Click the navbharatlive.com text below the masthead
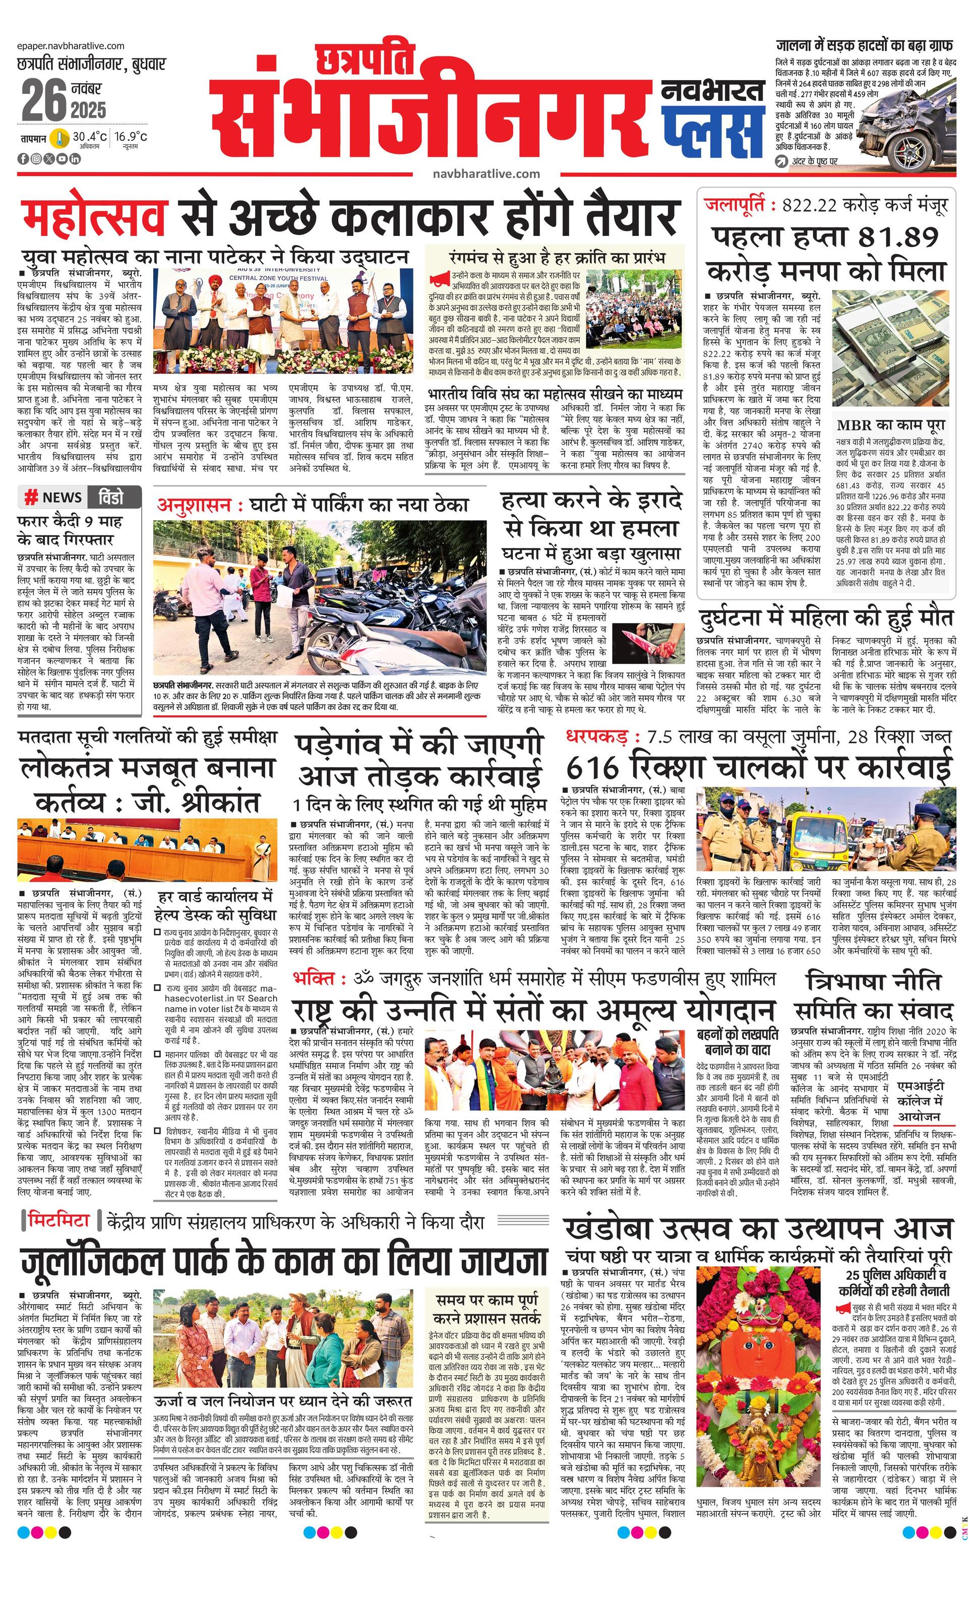[486, 173]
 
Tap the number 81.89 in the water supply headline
[898, 238]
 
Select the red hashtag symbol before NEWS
[30, 498]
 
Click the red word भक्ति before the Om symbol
[314, 978]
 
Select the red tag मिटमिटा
[59, 1220]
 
